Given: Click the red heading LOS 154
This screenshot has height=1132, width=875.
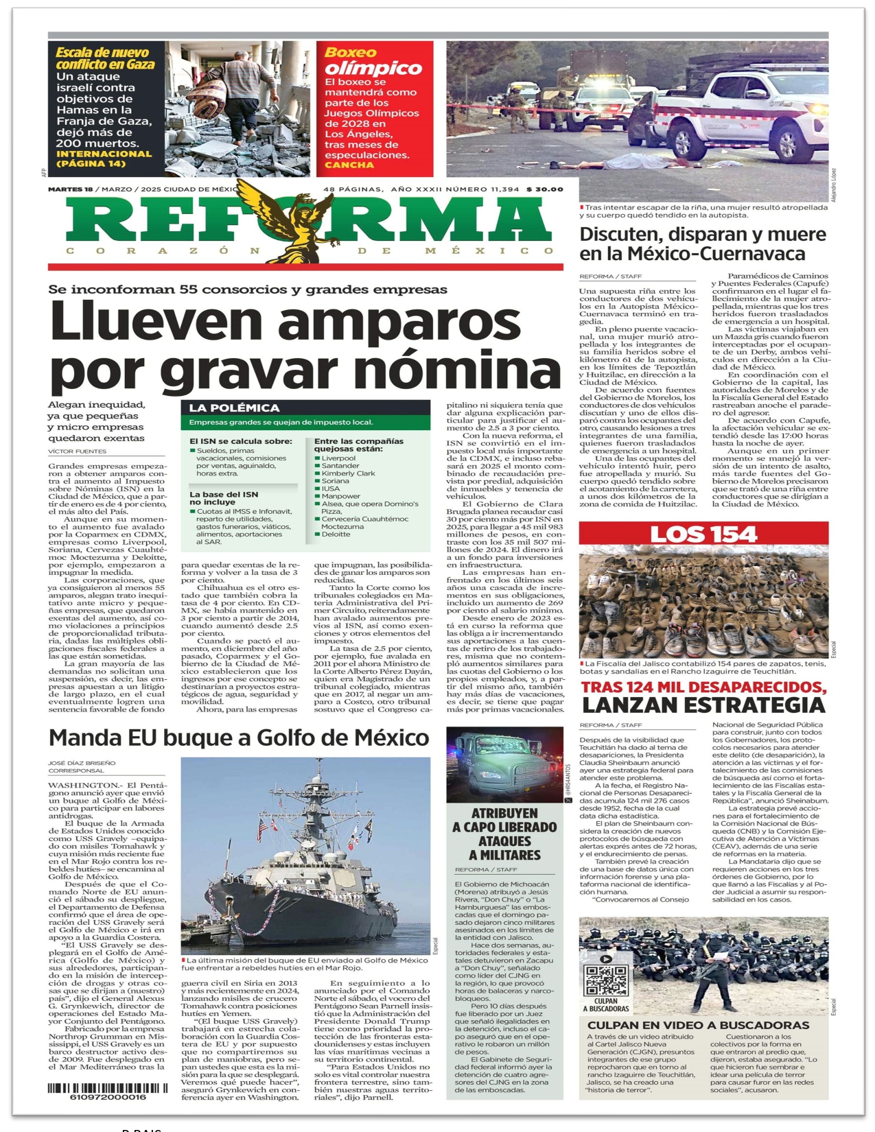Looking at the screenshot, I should tap(703, 534).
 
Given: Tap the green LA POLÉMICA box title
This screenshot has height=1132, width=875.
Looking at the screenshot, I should tap(234, 408).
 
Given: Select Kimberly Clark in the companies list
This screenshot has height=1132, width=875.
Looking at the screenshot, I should tap(348, 473).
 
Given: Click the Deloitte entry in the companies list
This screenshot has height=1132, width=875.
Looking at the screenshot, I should tap(336, 534).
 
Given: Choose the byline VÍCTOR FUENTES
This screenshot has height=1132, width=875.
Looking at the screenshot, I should tap(78, 451).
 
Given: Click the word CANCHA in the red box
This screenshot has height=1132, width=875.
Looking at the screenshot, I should tap(349, 165).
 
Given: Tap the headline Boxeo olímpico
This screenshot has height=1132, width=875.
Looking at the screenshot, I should tap(373, 61).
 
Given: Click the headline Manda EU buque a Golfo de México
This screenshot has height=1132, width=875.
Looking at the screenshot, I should tap(239, 738).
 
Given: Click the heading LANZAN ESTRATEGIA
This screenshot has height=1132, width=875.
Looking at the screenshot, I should tap(703, 705).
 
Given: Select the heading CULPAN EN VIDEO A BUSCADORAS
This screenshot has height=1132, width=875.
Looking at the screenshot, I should tap(698, 1025).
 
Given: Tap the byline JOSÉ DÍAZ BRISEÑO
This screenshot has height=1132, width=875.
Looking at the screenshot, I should tap(82, 763).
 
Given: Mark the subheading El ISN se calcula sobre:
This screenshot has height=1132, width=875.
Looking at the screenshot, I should tap(240, 441).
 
